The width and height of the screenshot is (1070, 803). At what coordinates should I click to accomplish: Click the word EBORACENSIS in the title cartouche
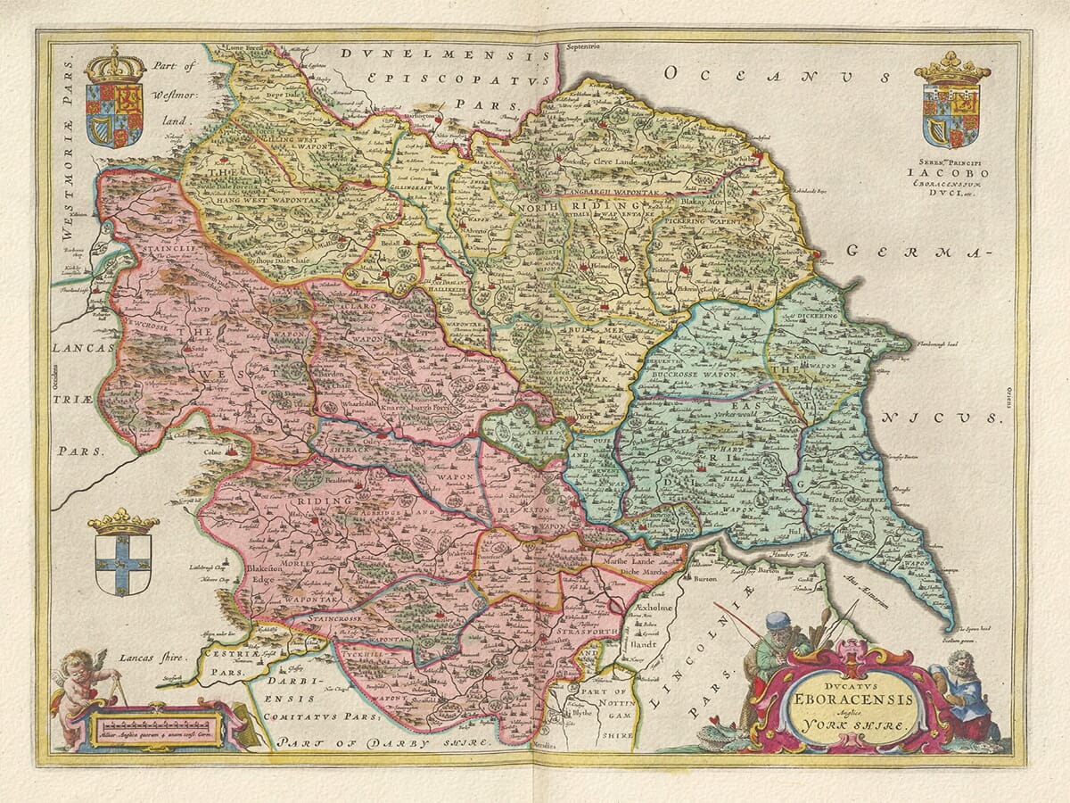coord(848,699)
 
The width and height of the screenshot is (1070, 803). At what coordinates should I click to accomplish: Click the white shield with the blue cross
coord(123,564)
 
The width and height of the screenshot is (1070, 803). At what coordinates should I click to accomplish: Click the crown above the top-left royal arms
coord(115,65)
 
